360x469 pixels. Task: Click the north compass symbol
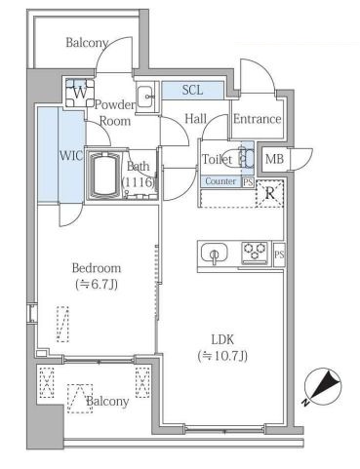pyautogui.click(x=323, y=387)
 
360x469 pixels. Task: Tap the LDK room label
pyautogui.click(x=222, y=339)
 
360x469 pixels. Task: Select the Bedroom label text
pyautogui.click(x=97, y=268)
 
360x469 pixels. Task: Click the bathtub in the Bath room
pyautogui.click(x=103, y=175)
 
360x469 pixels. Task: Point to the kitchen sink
pyautogui.click(x=214, y=254)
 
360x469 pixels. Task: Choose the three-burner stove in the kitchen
pyautogui.click(x=255, y=253)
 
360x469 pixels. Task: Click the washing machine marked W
pyautogui.click(x=80, y=93)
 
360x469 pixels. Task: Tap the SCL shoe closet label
pyautogui.click(x=192, y=90)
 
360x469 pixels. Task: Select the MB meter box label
pyautogui.click(x=274, y=159)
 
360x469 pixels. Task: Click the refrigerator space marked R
pyautogui.click(x=269, y=194)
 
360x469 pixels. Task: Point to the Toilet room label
pyautogui.click(x=218, y=159)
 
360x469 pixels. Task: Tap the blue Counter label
pyautogui.click(x=220, y=181)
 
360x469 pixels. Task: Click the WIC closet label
pyautogui.click(x=71, y=156)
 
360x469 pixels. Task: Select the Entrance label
pyautogui.click(x=257, y=119)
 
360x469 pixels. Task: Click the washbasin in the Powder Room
pyautogui.click(x=144, y=97)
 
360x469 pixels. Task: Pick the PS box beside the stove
pyautogui.click(x=279, y=254)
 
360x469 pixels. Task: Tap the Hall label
pyautogui.click(x=195, y=119)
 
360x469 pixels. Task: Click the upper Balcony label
pyautogui.click(x=87, y=43)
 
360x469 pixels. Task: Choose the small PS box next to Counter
pyautogui.click(x=248, y=182)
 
